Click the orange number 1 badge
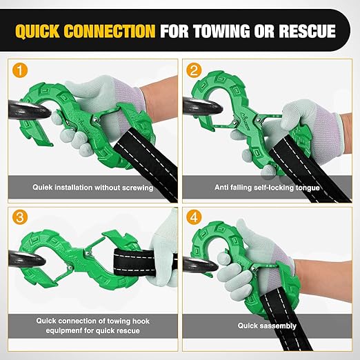click(x=20, y=70)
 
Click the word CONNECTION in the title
click(x=116, y=31)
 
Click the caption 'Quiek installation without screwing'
click(x=92, y=186)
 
